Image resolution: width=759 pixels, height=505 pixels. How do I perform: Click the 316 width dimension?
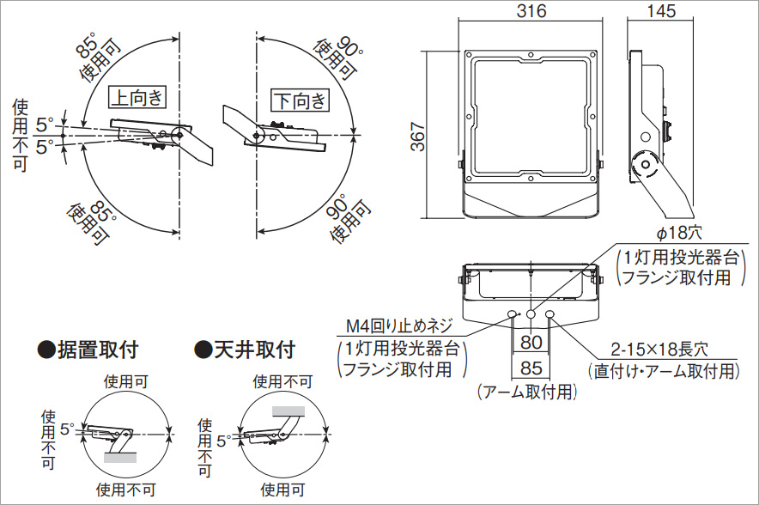(x=531, y=11)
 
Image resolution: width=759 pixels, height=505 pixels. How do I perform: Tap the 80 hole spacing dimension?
(x=531, y=343)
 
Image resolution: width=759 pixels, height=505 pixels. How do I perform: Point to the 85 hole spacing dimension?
(x=531, y=369)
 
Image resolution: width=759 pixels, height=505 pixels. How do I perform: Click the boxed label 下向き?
(x=300, y=100)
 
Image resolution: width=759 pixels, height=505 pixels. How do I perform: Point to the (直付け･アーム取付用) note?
(x=663, y=371)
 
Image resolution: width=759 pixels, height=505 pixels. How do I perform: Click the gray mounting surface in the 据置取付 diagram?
(x=119, y=458)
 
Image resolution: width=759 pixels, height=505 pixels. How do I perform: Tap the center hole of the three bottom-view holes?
(x=531, y=315)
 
